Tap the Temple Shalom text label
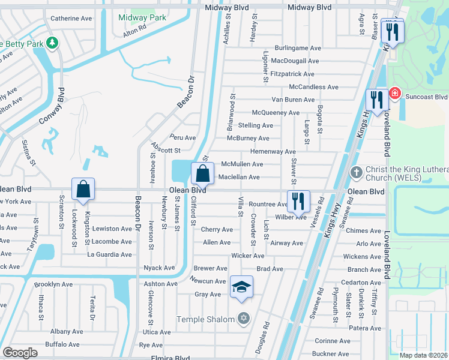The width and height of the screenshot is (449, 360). click(x=205, y=319)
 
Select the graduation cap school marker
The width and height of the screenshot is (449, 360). click(x=241, y=287)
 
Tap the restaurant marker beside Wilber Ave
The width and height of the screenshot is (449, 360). click(x=298, y=202)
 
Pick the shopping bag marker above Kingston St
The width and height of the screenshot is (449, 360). click(x=83, y=189)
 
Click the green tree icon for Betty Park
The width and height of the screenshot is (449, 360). click(x=53, y=43)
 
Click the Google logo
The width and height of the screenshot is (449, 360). click(x=20, y=353)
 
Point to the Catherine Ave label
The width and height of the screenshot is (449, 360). click(x=71, y=19)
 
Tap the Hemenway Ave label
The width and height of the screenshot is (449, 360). click(x=273, y=152)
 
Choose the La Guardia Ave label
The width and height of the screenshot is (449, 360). click(x=109, y=254)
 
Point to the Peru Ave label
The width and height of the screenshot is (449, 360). click(x=182, y=137)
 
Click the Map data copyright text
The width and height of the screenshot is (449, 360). click(x=422, y=355)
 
